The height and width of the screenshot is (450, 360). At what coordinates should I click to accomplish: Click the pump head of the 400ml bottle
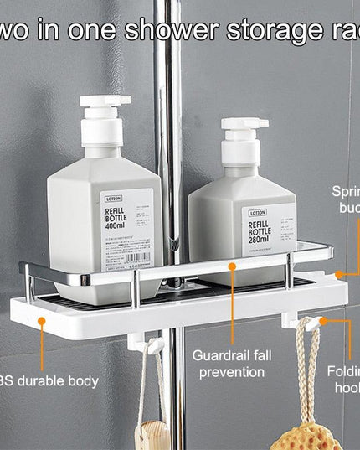[x=105, y=110]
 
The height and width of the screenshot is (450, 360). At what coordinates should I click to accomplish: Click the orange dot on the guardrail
[x=234, y=265]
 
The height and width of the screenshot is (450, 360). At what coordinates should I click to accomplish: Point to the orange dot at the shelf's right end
[x=339, y=273]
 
